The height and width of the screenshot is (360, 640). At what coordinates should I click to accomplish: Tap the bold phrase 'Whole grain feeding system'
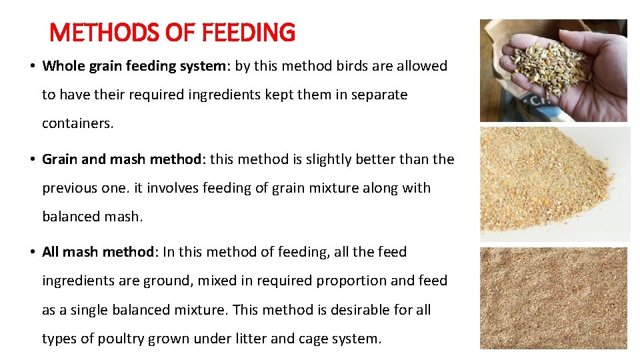click(125, 66)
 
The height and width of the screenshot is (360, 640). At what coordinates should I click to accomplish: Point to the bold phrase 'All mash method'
click(98, 252)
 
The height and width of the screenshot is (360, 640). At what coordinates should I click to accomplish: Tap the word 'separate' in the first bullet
click(376, 95)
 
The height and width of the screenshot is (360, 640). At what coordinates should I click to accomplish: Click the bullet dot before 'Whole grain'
click(32, 67)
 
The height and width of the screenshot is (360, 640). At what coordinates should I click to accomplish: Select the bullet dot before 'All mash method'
click(32, 253)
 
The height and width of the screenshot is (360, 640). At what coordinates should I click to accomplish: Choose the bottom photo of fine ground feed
click(553, 297)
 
